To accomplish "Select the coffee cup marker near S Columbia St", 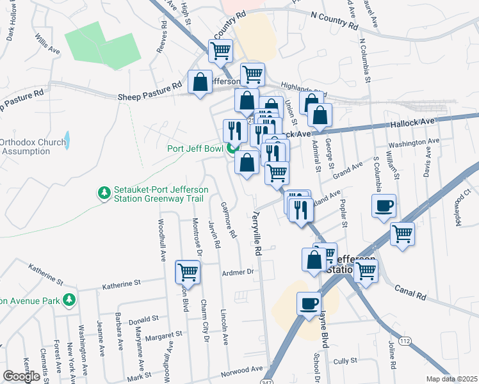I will click(384, 206).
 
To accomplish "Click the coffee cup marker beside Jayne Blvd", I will click(309, 303).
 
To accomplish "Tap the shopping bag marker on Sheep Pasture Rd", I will click(200, 83).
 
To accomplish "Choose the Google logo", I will click(22, 376).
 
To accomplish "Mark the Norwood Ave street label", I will click(242, 370).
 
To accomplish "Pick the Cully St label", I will click(345, 361).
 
